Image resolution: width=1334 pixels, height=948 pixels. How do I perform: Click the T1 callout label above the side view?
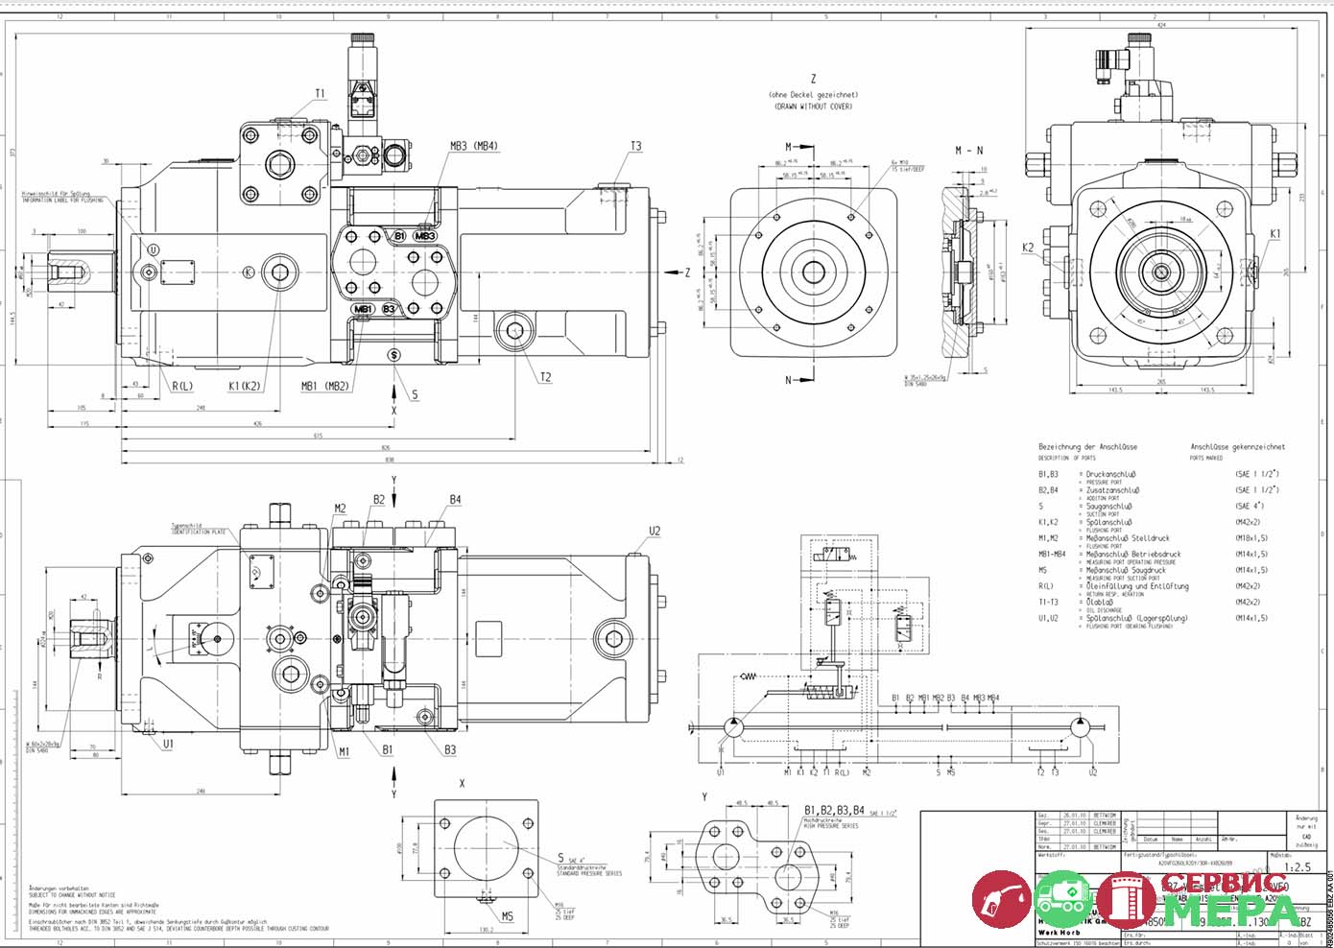320,94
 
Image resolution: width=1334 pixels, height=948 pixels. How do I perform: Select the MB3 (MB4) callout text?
472,146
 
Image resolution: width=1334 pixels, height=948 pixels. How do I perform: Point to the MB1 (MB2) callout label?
324,386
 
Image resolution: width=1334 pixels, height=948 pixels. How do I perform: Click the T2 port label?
544,377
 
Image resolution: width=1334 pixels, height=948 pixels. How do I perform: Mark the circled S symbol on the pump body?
393,355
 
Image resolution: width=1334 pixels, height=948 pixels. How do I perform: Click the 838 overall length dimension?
390,460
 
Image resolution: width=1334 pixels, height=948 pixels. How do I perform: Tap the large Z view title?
813,79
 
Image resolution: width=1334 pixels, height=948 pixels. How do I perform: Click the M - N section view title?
968,151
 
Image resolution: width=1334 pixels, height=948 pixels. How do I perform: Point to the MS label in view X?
507,916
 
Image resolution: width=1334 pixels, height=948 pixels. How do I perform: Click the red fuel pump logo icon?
1001,899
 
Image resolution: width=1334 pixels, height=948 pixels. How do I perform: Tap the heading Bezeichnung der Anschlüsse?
1087,447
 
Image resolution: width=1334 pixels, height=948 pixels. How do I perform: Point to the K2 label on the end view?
1028,247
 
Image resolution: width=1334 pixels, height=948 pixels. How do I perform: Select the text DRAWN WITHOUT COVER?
813,107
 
